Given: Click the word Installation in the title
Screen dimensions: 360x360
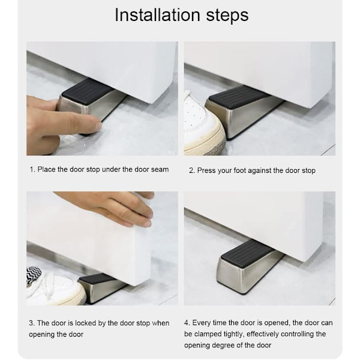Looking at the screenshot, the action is pyautogui.click(x=157, y=15).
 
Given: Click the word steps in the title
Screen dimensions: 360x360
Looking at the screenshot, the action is pyautogui.click(x=227, y=16).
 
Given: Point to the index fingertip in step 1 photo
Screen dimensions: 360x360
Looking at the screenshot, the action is pyautogui.click(x=98, y=126).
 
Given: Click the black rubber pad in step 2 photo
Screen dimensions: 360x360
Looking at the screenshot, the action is pyautogui.click(x=238, y=97).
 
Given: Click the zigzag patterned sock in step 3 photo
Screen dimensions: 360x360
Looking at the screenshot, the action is pyautogui.click(x=34, y=274).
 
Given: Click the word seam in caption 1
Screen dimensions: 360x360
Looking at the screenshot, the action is pyautogui.click(x=160, y=170).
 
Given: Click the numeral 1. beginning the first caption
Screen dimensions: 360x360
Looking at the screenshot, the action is pyautogui.click(x=32, y=170).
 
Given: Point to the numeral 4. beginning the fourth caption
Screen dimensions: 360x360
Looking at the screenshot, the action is pyautogui.click(x=187, y=323).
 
